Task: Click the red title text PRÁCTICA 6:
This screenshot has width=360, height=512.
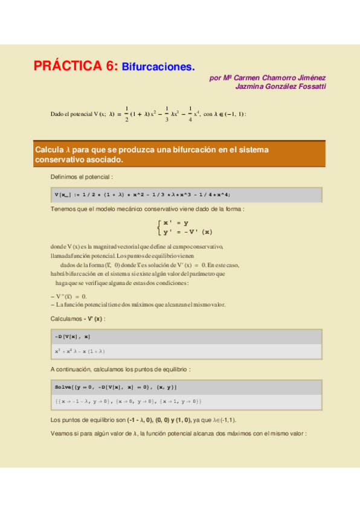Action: click(x=76, y=66)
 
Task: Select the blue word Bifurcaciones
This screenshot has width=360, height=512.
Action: click(x=158, y=67)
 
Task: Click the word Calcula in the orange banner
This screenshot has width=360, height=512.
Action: click(x=49, y=149)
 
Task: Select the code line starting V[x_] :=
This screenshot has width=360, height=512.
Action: click(x=143, y=194)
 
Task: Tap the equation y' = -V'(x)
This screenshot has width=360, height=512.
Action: click(x=188, y=231)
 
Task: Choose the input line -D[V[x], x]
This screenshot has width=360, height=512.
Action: click(x=72, y=336)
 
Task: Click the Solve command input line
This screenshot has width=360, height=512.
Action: click(x=115, y=386)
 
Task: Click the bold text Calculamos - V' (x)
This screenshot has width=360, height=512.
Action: click(x=78, y=318)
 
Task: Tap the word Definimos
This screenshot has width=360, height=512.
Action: click(x=65, y=177)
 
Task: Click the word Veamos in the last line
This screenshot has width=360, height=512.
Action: click(x=63, y=433)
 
